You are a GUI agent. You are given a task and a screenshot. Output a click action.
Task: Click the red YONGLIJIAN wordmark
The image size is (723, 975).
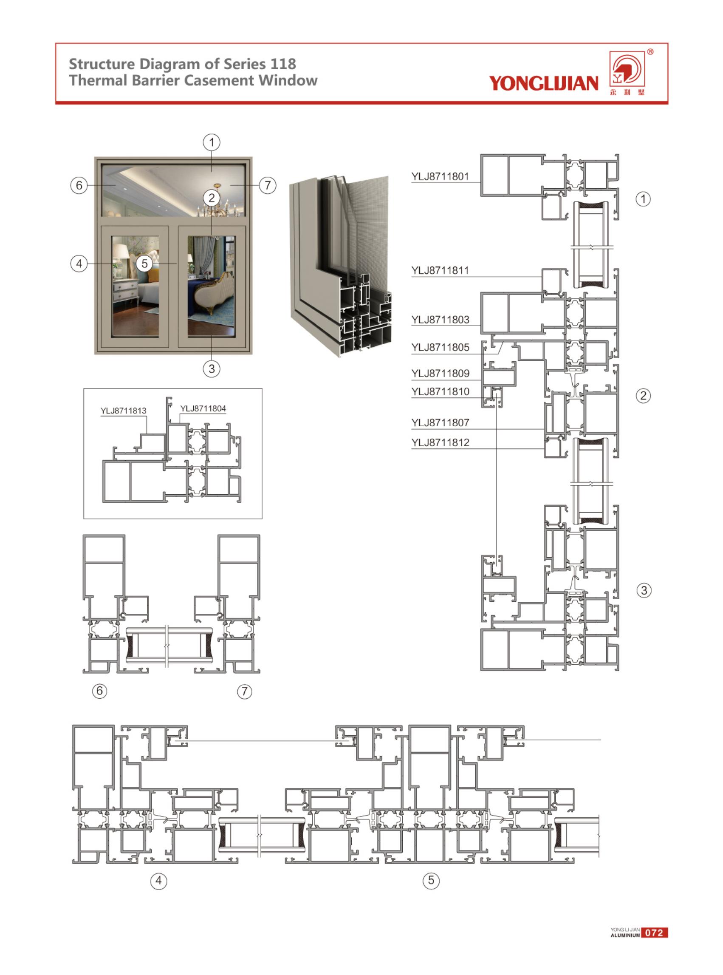tap(544, 83)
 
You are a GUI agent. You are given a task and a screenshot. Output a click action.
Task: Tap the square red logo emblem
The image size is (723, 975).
tap(627, 69)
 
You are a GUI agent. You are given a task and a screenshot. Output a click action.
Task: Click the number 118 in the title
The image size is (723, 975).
tap(283, 64)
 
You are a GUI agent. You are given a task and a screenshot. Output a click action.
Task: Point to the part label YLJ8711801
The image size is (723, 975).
tap(440, 176)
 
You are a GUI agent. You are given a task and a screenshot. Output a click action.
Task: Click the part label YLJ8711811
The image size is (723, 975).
tap(440, 271)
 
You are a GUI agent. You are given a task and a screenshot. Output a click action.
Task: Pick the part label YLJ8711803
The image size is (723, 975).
tap(440, 320)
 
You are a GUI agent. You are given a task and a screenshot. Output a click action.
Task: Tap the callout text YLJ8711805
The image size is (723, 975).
tap(440, 348)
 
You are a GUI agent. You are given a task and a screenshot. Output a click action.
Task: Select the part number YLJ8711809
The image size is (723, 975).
tap(440, 374)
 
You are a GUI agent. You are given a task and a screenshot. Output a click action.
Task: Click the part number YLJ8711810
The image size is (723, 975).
tap(440, 392)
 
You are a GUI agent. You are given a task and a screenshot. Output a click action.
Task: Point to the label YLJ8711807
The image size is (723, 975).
tap(440, 423)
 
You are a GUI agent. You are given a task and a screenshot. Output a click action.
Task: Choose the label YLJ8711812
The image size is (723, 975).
tap(440, 442)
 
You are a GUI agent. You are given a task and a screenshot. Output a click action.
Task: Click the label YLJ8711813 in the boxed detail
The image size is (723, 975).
tap(124, 411)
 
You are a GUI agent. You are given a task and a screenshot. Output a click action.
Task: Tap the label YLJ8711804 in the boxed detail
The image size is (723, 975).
tap(203, 408)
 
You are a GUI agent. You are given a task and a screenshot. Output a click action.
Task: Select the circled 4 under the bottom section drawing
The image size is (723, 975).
tap(159, 881)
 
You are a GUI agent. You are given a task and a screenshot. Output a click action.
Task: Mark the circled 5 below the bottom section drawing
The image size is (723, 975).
tap(431, 880)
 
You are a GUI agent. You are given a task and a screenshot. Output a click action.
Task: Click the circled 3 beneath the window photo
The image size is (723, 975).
tap(212, 368)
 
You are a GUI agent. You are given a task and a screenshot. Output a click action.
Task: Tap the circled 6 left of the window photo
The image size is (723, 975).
tap(79, 185)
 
